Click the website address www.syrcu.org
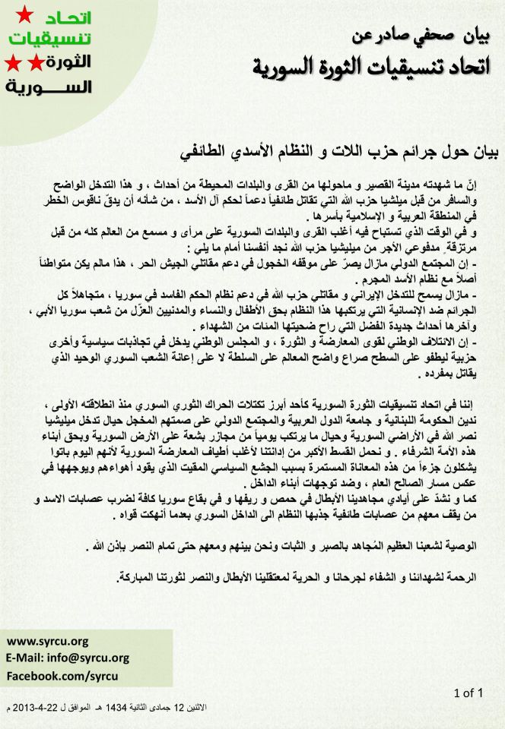47,641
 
